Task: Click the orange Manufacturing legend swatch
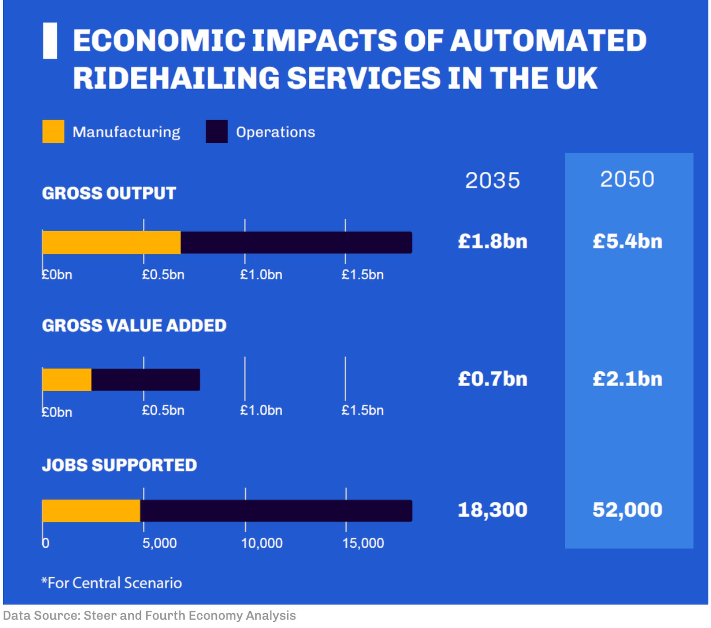53,131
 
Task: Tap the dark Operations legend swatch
217,131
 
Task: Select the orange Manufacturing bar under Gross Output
111,243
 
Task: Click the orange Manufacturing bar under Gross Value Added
67,380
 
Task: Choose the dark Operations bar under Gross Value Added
145,380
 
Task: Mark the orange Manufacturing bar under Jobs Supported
91,511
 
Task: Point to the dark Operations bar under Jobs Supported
276,511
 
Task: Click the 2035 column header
492,180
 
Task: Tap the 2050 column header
627,179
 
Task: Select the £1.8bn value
492,241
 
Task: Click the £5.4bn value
627,241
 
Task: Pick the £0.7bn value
492,379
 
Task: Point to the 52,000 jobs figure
627,510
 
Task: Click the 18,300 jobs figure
492,510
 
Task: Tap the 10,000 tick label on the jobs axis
262,543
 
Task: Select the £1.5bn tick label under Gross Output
363,275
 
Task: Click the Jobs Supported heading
119,465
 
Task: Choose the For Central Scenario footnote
112,583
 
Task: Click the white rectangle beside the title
50,41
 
